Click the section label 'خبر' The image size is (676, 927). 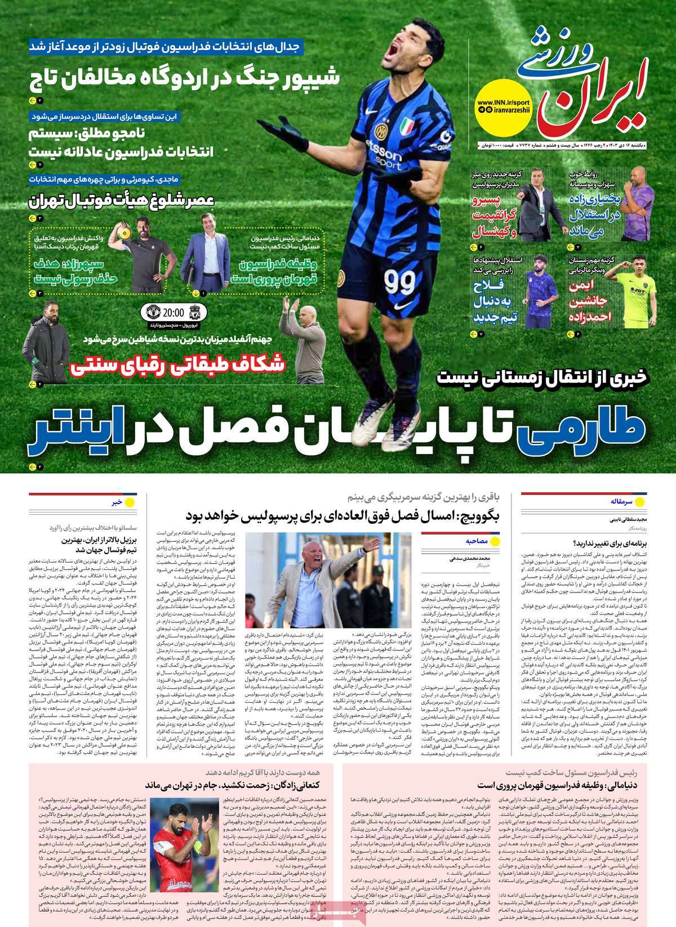(x=115, y=501)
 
